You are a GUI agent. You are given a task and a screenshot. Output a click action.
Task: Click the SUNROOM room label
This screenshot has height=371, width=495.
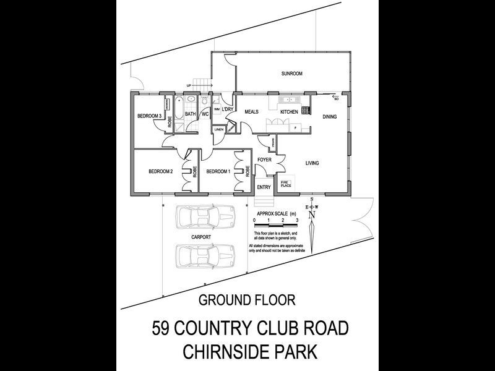pos(291,74)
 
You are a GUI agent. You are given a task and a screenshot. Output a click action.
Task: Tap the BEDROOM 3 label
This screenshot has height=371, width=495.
pos(149,116)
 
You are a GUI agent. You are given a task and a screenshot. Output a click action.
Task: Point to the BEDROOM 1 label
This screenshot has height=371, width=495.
pos(218,171)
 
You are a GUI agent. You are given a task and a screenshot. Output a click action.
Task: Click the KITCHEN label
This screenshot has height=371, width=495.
pos(290,112)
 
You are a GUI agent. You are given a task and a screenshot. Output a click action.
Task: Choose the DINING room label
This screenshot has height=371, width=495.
pos(330,116)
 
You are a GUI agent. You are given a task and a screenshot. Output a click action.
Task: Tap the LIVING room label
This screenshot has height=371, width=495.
pos(312,163)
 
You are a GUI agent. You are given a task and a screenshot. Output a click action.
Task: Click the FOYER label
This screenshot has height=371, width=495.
pos(265,160)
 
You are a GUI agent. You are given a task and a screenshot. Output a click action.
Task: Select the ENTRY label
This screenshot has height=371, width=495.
pos(264,187)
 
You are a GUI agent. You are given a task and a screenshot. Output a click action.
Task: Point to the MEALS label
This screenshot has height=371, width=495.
pos(251,112)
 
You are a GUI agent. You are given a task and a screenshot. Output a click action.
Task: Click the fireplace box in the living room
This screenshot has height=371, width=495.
pos(286,183)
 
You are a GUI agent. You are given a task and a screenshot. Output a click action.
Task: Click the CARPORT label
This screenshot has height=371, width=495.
pos(202,237)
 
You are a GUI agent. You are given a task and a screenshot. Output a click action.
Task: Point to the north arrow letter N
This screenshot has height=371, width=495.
pos(312,215)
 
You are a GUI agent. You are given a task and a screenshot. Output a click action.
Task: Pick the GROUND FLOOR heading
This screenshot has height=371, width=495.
pos(247,301)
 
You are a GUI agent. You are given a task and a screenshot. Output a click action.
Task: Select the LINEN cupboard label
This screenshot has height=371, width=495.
pos(219,129)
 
